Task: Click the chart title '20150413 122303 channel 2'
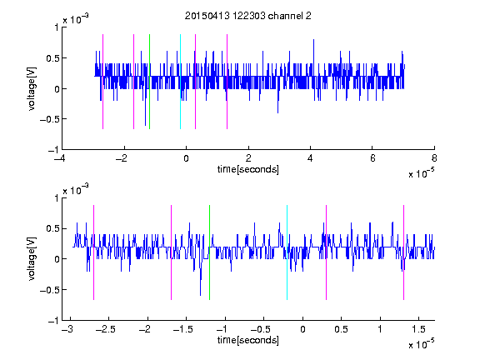click(248, 16)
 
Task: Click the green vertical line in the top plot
click(149, 82)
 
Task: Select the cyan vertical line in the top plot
click(180, 82)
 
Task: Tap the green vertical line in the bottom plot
click(209, 252)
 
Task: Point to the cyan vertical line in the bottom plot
click(287, 252)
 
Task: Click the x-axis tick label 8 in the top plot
click(434, 158)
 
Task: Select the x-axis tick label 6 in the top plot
click(372, 158)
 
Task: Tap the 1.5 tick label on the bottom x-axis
click(419, 329)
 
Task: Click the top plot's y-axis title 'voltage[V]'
click(32, 88)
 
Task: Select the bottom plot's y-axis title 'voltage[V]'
click(32, 259)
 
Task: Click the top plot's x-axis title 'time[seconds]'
click(248, 169)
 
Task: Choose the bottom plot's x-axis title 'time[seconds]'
click(248, 340)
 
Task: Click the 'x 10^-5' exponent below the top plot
click(421, 173)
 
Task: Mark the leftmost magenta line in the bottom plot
click(93, 252)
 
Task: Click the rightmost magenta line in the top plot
click(227, 82)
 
